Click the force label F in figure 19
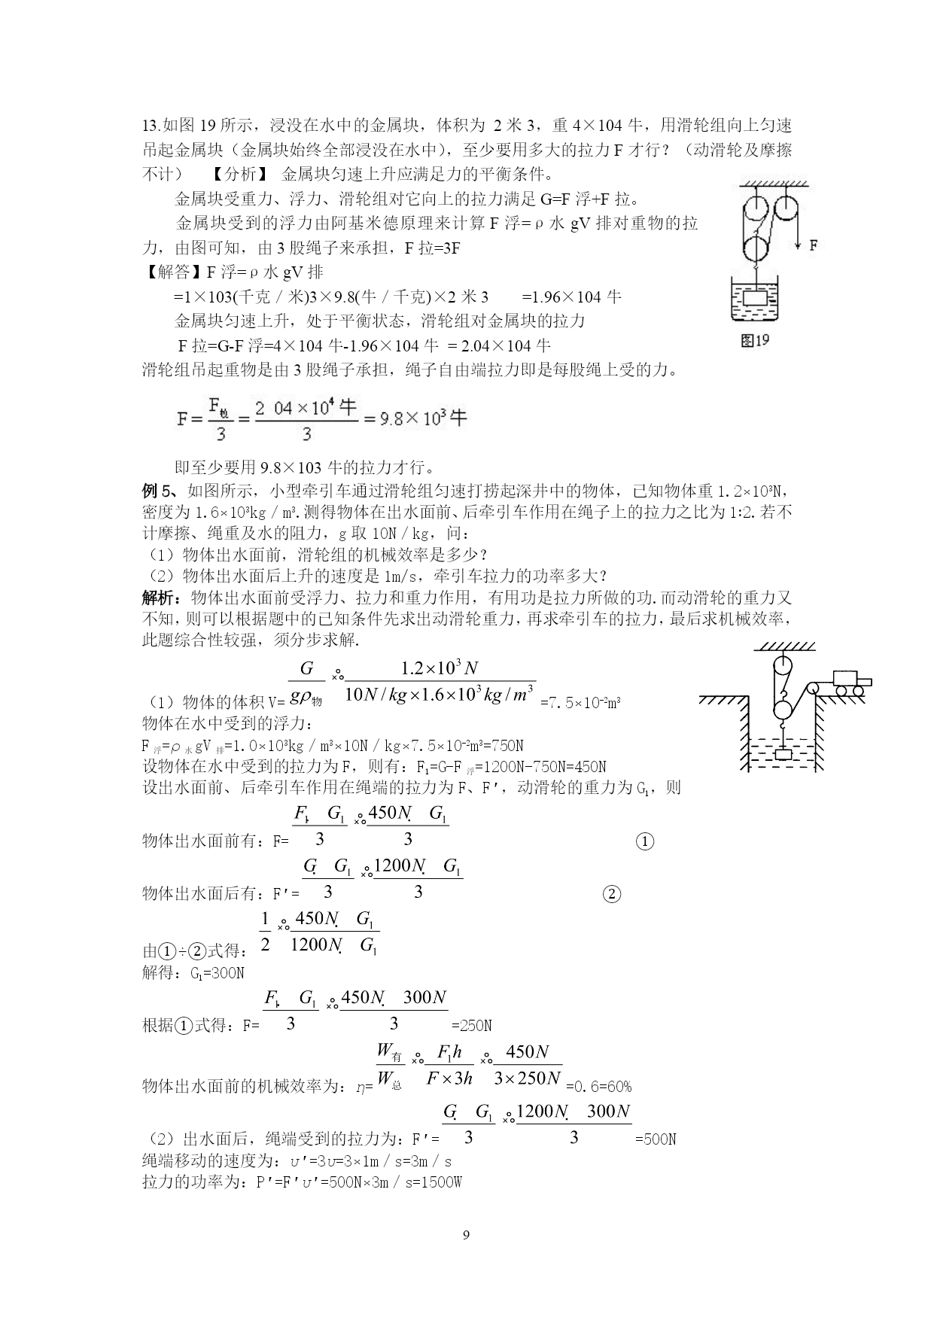(814, 245)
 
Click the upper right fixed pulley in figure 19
(788, 208)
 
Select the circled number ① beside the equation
(645, 841)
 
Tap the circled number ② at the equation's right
(612, 894)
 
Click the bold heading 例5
(159, 491)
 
